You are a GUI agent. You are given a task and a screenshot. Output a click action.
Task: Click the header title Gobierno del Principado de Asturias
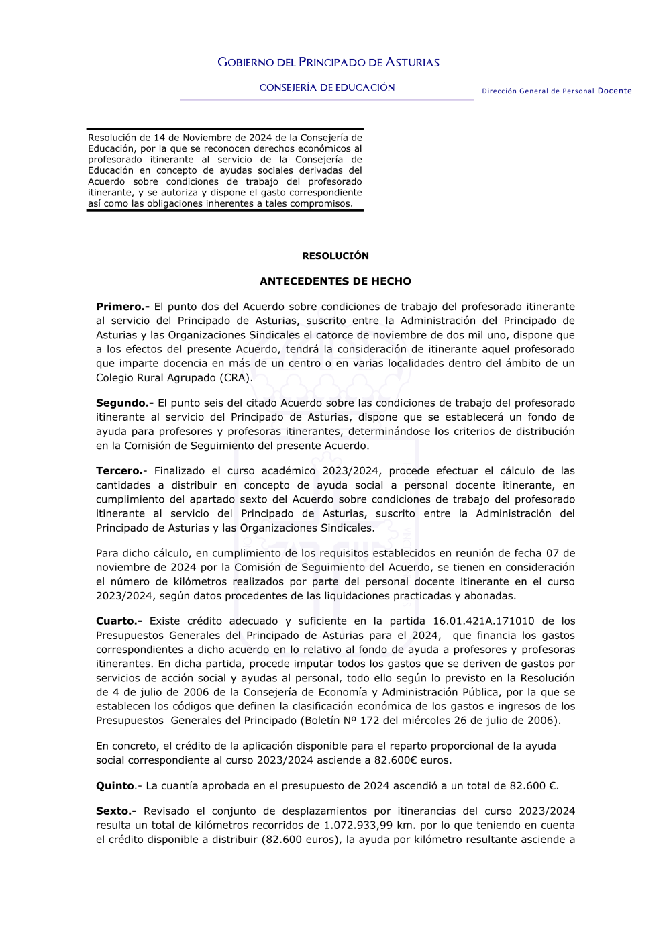click(x=328, y=62)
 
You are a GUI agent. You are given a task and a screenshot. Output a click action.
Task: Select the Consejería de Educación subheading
click(x=327, y=87)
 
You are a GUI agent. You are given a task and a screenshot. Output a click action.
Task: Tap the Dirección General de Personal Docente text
click(x=556, y=91)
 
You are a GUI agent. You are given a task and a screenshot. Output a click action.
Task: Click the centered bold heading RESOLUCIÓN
click(x=335, y=256)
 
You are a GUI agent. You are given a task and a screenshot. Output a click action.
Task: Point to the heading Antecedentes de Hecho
click(x=335, y=281)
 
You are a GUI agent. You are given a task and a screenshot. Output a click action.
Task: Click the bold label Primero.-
click(x=123, y=307)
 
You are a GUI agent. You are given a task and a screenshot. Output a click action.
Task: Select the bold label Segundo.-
click(x=125, y=403)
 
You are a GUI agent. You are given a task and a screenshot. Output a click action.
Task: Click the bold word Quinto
click(x=115, y=786)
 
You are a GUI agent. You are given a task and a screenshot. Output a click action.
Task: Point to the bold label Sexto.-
click(x=116, y=811)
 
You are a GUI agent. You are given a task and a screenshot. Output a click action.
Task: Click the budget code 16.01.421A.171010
click(x=484, y=621)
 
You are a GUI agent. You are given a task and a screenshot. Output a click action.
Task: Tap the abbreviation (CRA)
click(x=236, y=377)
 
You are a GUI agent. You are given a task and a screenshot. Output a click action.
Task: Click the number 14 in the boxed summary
click(x=160, y=138)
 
